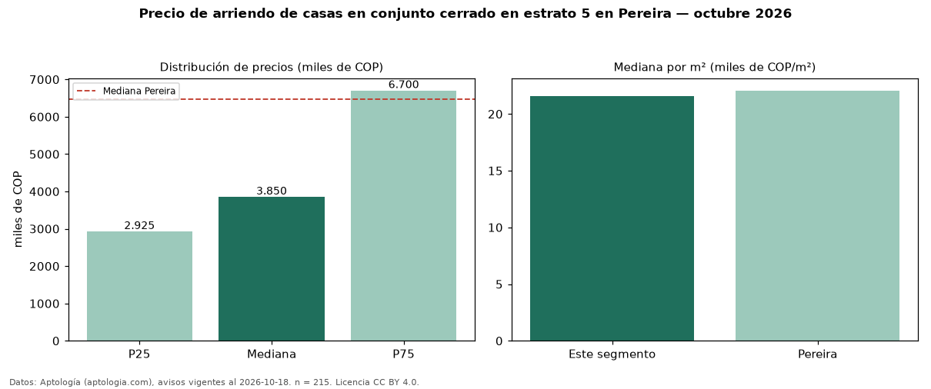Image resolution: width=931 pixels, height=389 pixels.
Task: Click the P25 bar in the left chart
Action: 139,286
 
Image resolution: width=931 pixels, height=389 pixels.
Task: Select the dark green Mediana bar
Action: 272,269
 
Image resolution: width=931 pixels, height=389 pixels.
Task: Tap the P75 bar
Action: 403,216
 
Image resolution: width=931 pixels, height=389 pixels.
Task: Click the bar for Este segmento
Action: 612,218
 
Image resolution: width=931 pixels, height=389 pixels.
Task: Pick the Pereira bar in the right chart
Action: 817,216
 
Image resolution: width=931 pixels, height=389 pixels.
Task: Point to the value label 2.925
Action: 139,225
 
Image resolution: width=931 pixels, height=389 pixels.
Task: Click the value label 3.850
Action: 272,191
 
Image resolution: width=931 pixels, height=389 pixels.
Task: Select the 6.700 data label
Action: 403,85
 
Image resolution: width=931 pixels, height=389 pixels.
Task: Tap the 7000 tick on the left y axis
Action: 45,80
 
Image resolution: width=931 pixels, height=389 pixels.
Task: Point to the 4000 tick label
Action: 45,191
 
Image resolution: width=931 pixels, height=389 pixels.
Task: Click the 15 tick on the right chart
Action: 495,171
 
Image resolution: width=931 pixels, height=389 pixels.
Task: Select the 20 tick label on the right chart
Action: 495,115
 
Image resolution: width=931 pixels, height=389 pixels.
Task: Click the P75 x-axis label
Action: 403,354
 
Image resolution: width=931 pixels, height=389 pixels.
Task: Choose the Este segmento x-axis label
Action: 612,354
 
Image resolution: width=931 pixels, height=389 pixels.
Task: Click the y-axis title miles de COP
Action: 18,209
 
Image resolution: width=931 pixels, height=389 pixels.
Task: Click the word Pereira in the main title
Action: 645,13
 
